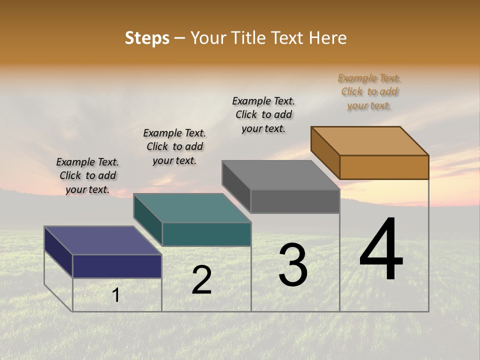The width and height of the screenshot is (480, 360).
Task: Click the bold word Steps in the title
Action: tap(147, 38)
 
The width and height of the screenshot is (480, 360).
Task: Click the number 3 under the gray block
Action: tap(293, 265)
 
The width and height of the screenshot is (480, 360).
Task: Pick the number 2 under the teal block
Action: tap(202, 280)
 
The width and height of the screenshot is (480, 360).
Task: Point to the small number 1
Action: tap(116, 295)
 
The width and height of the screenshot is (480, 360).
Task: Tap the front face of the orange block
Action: tap(384, 167)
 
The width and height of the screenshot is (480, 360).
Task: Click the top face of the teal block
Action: tap(192, 208)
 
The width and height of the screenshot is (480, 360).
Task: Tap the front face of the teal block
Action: tap(206, 234)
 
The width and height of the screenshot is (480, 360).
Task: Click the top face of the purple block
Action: tap(102, 240)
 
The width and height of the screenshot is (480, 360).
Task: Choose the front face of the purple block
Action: tap(117, 266)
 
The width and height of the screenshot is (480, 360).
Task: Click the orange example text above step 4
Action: tap(369, 92)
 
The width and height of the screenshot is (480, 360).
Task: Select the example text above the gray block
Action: tap(263, 114)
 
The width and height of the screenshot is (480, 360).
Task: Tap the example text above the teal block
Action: tap(174, 146)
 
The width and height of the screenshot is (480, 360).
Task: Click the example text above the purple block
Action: tap(87, 175)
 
